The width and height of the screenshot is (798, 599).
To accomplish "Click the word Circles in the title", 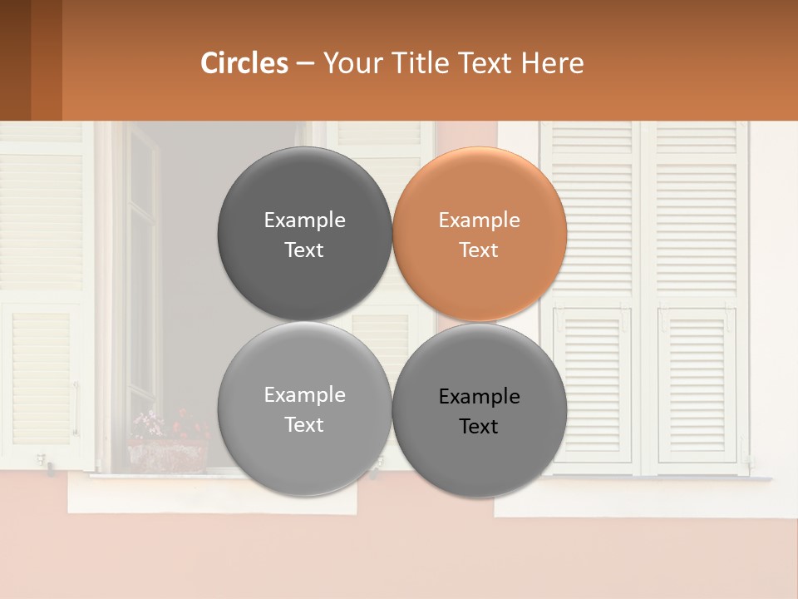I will tap(244, 63).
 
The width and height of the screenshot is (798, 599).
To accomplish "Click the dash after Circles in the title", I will tap(305, 64).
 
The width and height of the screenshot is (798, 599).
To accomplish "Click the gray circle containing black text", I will tap(480, 409).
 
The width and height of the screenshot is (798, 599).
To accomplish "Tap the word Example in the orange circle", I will tap(479, 220).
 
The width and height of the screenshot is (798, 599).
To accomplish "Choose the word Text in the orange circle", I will tap(479, 250).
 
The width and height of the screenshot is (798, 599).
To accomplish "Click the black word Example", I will tap(479, 397).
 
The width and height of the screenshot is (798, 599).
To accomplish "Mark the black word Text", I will tap(479, 427).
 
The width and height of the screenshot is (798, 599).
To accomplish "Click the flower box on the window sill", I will tap(167, 456).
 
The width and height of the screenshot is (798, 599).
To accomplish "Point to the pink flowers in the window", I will tap(148, 423).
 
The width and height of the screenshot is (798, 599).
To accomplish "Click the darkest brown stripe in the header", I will tap(15, 60).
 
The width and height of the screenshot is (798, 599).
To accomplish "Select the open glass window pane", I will tap(141, 275).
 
